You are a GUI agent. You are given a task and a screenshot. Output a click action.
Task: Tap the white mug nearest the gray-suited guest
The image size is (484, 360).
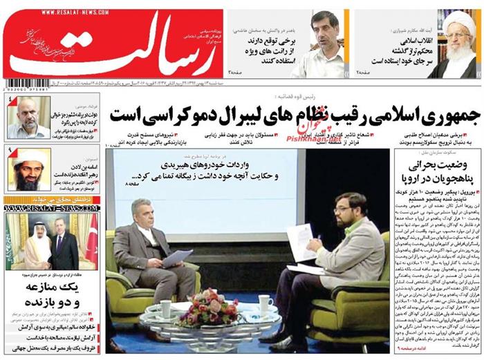click(x=166, y=308)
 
